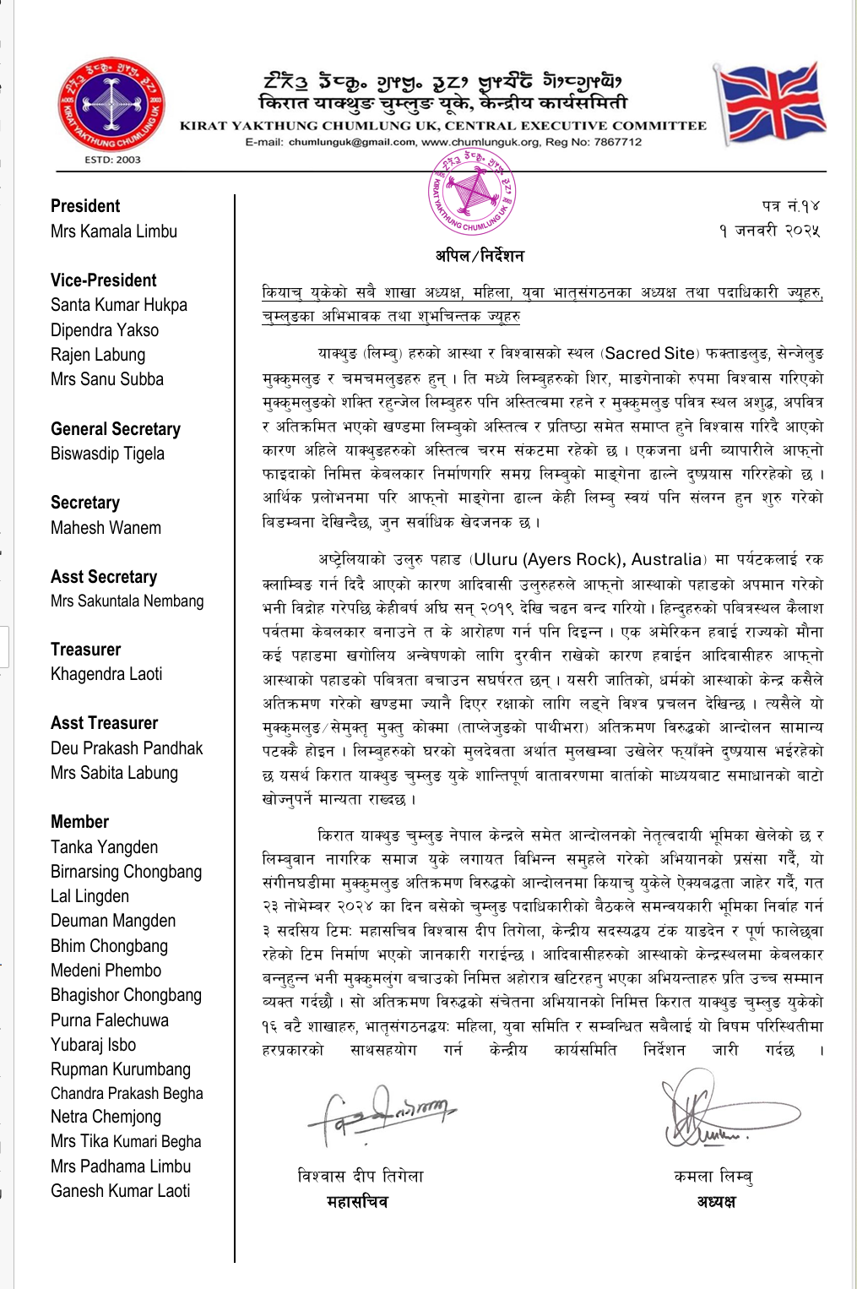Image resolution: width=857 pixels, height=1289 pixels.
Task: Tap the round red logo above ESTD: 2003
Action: [111, 105]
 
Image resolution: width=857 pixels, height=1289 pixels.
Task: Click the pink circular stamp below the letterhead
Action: [472, 192]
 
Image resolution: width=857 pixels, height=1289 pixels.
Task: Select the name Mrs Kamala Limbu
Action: [114, 231]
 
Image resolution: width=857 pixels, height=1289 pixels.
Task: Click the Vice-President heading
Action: [103, 280]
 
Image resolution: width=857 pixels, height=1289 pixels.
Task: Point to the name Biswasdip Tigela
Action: [107, 454]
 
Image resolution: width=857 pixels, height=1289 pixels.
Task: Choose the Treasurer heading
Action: [85, 650]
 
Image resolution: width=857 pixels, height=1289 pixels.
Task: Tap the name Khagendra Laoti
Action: [106, 674]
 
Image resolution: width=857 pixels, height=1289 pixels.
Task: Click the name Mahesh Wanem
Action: [106, 528]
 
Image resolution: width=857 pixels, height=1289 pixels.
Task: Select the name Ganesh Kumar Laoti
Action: [120, 1191]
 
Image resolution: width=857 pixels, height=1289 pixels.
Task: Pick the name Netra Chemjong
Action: [106, 1117]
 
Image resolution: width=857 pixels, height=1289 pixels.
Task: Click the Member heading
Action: [79, 822]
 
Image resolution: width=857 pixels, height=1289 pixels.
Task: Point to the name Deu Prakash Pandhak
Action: [127, 748]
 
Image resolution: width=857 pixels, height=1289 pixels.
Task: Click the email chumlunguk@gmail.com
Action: [352, 142]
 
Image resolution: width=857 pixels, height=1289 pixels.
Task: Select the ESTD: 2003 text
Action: [112, 160]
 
